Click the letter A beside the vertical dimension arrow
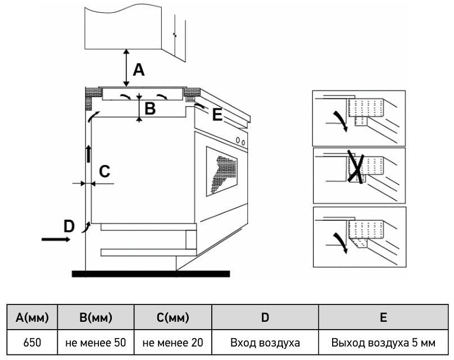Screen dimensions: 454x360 [x=139, y=70]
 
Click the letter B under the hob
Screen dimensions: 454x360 [x=150, y=109]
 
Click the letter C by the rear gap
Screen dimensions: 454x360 [x=105, y=171]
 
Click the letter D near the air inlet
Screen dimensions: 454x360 [x=69, y=226]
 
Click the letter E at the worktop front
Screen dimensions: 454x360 [x=217, y=115]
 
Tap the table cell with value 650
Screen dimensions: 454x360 [x=32, y=343]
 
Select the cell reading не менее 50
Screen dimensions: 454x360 [x=96, y=343]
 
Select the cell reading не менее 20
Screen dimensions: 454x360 [x=173, y=343]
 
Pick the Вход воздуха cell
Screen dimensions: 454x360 [x=265, y=343]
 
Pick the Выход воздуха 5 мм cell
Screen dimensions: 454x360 [x=383, y=343]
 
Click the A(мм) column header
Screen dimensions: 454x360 [x=32, y=317]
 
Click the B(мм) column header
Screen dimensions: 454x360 [x=96, y=317]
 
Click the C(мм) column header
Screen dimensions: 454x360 [x=173, y=317]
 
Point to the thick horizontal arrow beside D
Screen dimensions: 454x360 [x=56, y=239]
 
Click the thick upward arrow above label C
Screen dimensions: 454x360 [x=89, y=154]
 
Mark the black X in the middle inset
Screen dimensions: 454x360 [x=356, y=166]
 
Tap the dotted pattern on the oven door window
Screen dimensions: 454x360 [x=224, y=174]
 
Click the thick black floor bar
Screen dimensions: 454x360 [x=151, y=274]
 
